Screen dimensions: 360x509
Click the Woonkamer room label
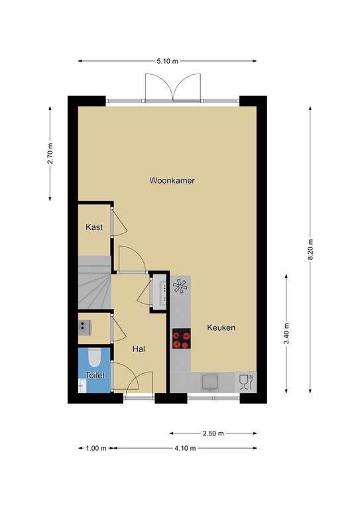[x=172, y=180]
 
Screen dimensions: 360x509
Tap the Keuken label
[x=221, y=327]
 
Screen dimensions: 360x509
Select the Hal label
[x=139, y=349]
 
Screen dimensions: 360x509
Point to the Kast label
[x=94, y=227]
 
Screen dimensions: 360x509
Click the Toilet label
[x=95, y=376]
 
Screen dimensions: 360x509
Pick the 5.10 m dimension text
[x=168, y=61]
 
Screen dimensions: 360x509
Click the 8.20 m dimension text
[x=311, y=249]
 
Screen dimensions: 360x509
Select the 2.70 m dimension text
[x=50, y=154]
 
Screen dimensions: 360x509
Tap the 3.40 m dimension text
[x=286, y=334]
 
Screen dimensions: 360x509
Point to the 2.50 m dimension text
[x=213, y=433]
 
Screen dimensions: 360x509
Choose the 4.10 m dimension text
[x=185, y=448]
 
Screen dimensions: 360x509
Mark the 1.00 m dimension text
[x=96, y=448]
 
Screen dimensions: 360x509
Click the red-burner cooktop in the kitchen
[x=181, y=339]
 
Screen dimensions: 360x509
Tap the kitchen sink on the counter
[x=210, y=382]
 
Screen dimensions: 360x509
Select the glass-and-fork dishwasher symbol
[x=246, y=382]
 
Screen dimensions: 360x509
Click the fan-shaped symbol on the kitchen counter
[x=180, y=286]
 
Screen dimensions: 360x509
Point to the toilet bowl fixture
[x=95, y=357]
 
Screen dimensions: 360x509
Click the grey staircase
[x=94, y=282]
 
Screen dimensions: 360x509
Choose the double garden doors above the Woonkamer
[x=173, y=87]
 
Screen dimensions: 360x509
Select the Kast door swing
[x=119, y=221]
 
